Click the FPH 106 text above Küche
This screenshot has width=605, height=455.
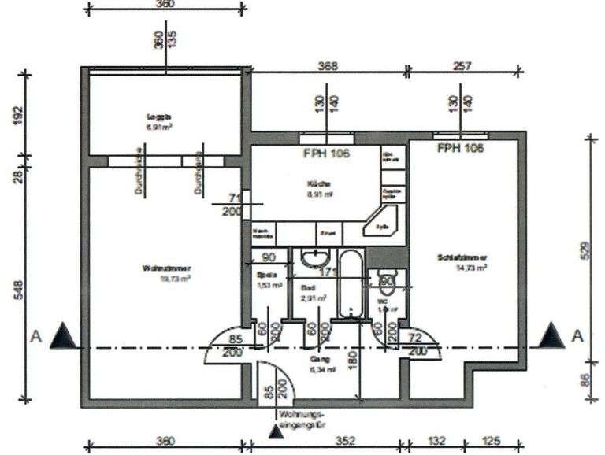325,154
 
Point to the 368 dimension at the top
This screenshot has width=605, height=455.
328,68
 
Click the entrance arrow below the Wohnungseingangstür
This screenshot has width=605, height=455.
276,431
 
